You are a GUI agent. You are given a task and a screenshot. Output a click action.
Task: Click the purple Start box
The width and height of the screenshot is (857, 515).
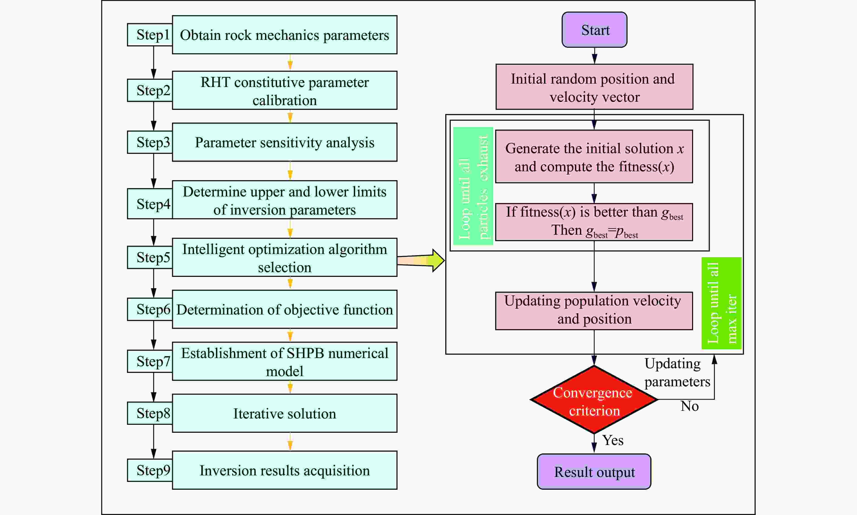(x=594, y=30)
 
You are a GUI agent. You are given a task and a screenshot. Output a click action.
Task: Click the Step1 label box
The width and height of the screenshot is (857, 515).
(x=150, y=35)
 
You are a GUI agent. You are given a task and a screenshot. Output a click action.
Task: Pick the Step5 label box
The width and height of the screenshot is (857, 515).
(x=150, y=257)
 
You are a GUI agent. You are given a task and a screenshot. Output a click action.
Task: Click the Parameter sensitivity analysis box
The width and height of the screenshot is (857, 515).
(x=284, y=142)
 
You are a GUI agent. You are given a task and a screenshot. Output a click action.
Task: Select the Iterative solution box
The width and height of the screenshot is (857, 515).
(x=284, y=413)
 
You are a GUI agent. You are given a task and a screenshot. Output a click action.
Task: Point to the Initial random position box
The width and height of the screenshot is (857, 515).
(x=594, y=87)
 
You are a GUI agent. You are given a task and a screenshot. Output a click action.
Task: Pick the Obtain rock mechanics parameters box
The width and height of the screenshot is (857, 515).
(x=284, y=35)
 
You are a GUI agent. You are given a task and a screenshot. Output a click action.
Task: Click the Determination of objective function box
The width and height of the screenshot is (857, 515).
(x=284, y=309)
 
